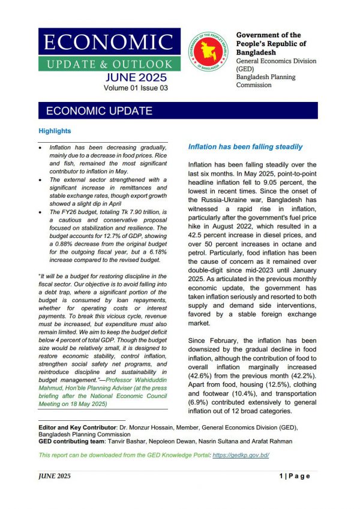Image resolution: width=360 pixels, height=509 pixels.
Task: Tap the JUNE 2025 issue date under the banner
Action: tap(135, 78)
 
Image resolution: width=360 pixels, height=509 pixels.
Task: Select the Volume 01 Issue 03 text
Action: tap(135, 88)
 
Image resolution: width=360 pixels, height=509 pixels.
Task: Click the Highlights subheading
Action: tap(55, 131)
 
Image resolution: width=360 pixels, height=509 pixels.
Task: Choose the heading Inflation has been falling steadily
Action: tap(245, 147)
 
